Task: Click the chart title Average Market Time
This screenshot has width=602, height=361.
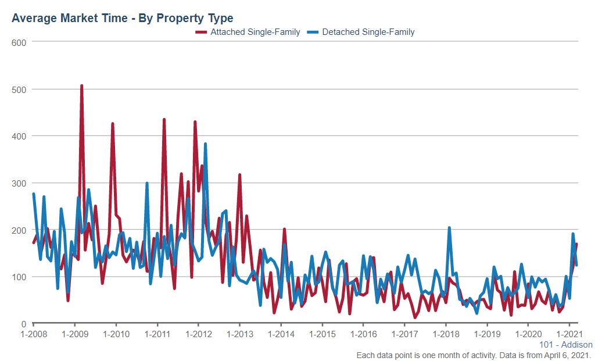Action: [x=122, y=19]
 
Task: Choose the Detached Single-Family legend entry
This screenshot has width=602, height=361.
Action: [x=368, y=32]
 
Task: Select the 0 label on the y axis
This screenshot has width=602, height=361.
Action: [x=24, y=324]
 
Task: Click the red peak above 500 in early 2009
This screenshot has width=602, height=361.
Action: [x=81, y=86]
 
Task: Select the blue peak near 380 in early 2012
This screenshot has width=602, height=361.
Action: [x=205, y=144]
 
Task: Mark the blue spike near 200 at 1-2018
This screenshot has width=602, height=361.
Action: [x=449, y=228]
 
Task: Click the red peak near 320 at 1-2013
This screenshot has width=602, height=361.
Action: [x=239, y=174]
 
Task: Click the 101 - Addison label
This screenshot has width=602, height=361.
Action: [x=565, y=345]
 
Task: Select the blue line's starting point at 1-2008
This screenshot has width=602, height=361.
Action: [x=34, y=194]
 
